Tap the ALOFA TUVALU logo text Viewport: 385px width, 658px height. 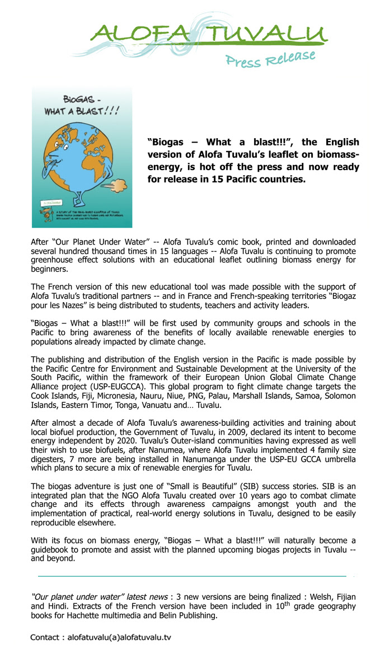pyautogui.click(x=209, y=34)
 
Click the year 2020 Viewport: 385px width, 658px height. pyautogui.click(x=134, y=441)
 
